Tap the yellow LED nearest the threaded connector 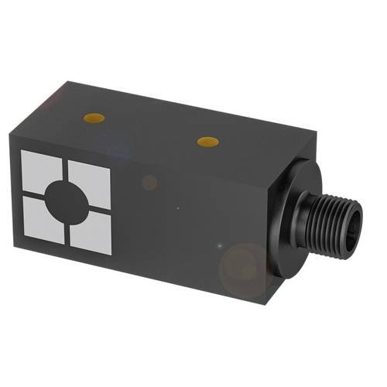(207, 141)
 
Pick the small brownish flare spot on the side (149, 183)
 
